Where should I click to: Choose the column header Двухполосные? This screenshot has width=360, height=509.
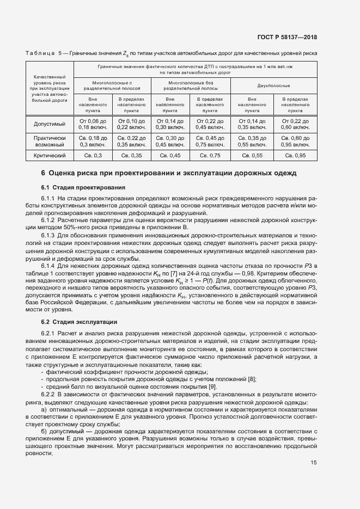[273, 86]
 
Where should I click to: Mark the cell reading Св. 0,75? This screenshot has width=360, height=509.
[210, 156]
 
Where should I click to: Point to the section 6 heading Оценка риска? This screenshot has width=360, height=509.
[169, 173]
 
